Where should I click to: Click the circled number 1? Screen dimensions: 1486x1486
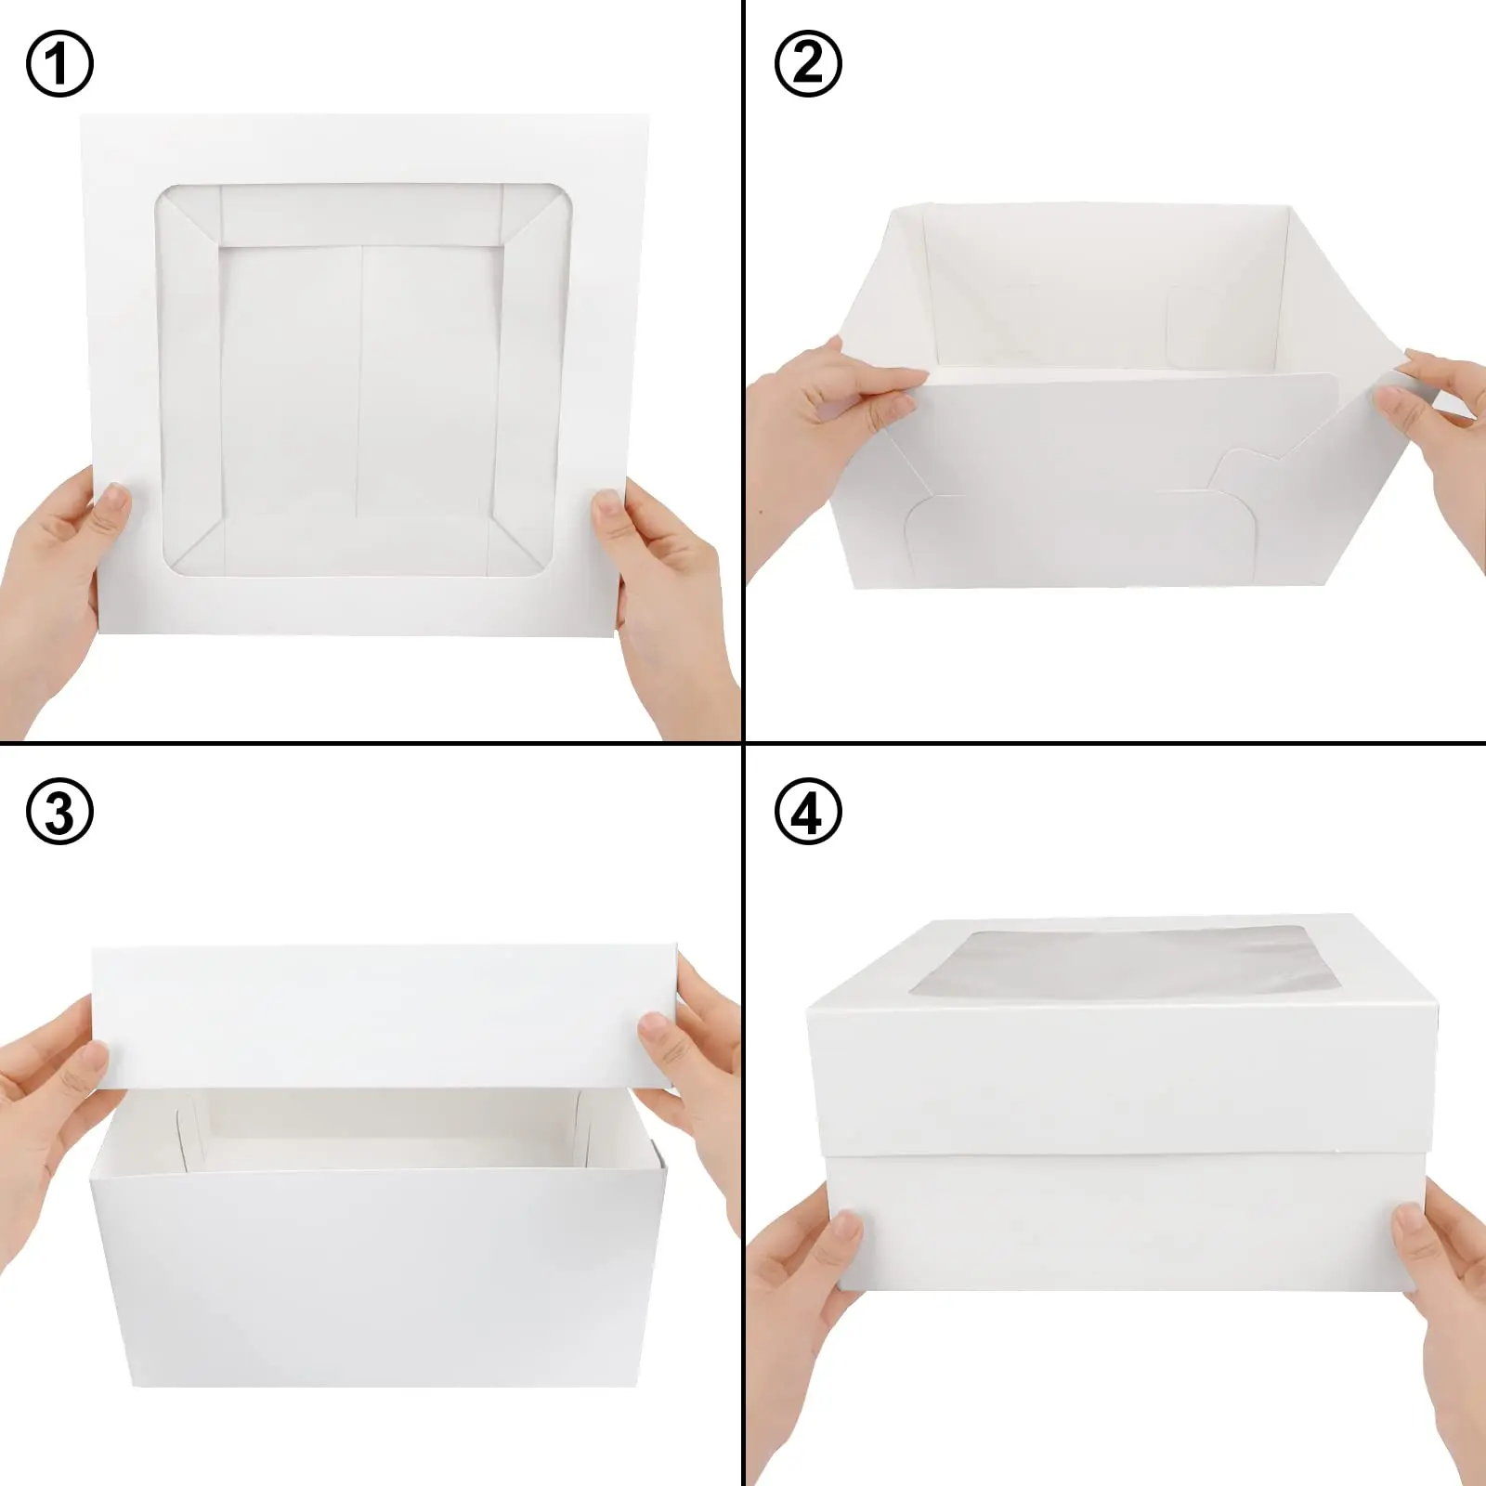click(x=59, y=65)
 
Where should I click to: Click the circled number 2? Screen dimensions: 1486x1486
click(x=808, y=65)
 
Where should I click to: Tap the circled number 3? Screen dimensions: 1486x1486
click(x=59, y=812)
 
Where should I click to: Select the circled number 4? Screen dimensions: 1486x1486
click(x=808, y=812)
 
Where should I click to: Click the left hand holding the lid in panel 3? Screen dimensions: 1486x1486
click(x=56, y=1077)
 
